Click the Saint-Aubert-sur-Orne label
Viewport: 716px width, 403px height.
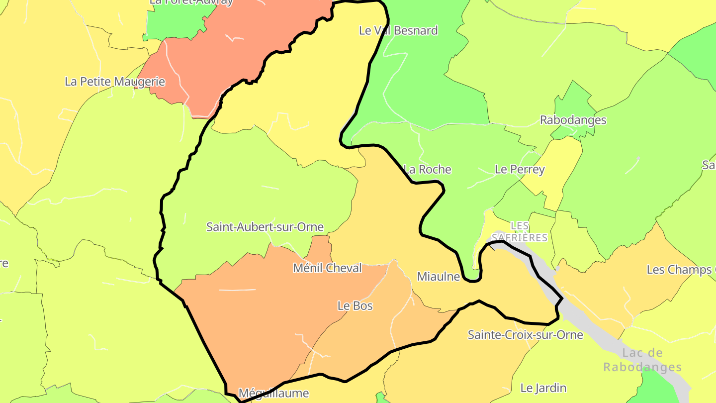(265, 227)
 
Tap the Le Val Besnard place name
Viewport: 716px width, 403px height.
(398, 30)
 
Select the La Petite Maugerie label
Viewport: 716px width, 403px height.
(115, 81)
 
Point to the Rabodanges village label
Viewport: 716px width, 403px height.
(573, 120)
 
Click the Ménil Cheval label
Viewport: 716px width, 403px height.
(327, 268)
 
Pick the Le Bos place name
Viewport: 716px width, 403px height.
(355, 305)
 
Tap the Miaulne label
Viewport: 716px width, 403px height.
(438, 277)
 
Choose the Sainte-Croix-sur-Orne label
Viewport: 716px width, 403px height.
(525, 335)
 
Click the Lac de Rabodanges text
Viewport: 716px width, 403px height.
(642, 360)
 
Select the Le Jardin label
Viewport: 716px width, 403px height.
(543, 388)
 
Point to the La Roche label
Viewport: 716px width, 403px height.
(428, 169)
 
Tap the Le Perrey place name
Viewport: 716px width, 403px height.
(520, 169)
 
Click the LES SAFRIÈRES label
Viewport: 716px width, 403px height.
(520, 231)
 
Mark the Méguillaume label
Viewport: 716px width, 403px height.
(273, 393)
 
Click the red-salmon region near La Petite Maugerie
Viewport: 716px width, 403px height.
(234, 55)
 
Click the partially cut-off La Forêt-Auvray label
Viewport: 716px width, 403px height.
(191, 2)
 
